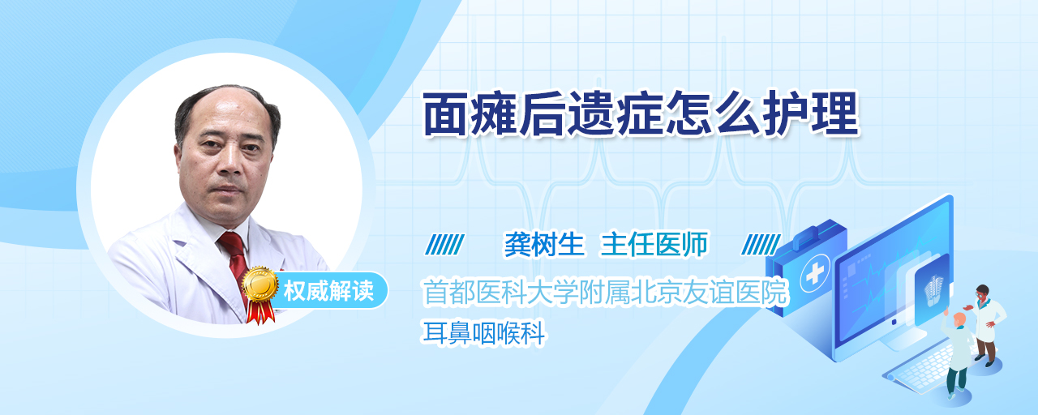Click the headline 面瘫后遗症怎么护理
[641, 113]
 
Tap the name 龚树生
[544, 244]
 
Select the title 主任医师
[654, 244]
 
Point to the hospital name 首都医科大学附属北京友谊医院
[605, 293]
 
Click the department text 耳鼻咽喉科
[484, 333]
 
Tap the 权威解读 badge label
[328, 291]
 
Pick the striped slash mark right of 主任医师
[761, 245]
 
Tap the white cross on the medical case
[815, 274]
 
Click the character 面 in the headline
[446, 114]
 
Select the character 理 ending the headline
[837, 113]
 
